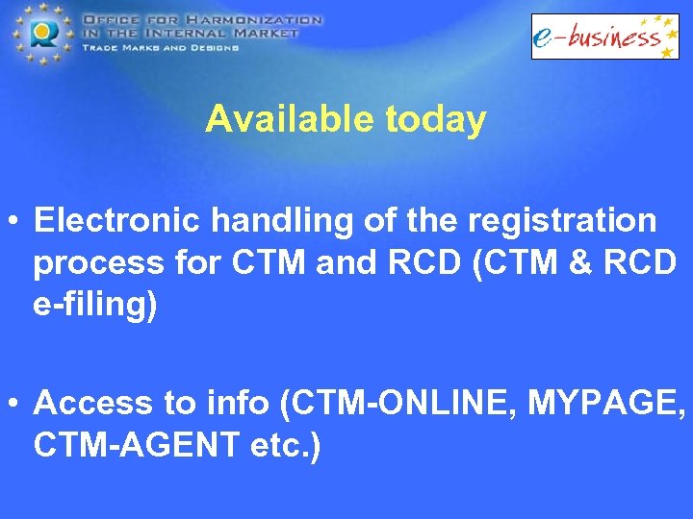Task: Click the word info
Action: (x=242, y=404)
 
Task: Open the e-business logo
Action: (x=605, y=37)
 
